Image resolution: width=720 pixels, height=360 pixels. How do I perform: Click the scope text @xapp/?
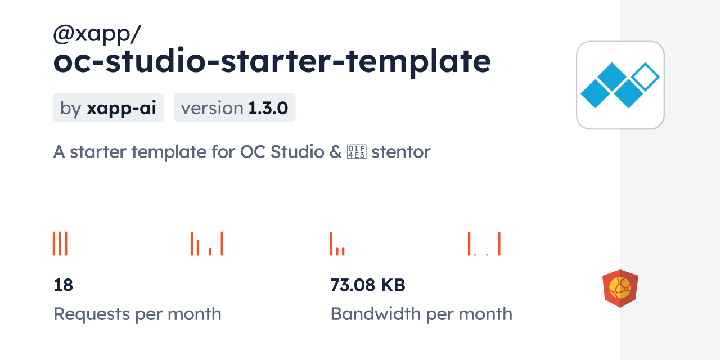click(x=97, y=35)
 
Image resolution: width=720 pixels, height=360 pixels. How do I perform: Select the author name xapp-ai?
click(x=121, y=108)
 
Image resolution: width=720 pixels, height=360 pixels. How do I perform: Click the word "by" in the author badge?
click(x=71, y=108)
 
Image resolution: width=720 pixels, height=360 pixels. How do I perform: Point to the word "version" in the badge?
click(x=212, y=108)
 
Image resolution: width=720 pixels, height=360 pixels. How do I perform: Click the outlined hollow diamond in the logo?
click(x=645, y=77)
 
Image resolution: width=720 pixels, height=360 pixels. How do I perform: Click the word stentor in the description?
click(x=401, y=152)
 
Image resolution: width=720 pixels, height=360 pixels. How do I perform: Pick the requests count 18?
click(x=63, y=285)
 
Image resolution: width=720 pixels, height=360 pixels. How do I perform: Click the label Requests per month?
click(x=137, y=314)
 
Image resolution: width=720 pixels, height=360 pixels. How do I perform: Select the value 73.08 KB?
click(x=368, y=285)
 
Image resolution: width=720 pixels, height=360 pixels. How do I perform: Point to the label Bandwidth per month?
click(x=421, y=314)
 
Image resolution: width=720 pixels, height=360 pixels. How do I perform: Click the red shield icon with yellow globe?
click(x=620, y=289)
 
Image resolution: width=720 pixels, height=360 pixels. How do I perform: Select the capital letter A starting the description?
click(x=59, y=152)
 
